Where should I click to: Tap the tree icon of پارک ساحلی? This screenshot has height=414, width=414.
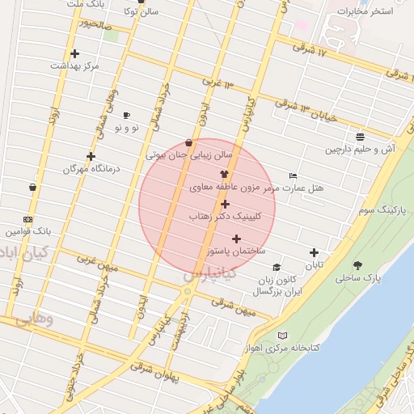point(357,264)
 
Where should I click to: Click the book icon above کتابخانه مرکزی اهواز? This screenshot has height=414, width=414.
point(281,335)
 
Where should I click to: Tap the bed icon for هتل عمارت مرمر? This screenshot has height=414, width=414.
point(293,175)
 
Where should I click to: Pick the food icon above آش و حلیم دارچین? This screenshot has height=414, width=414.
point(359,137)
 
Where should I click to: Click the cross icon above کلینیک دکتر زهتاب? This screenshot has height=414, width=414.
point(225,204)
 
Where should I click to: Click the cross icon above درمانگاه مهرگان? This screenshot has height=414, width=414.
point(91,156)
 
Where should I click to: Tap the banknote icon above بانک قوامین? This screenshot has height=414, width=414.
point(28,219)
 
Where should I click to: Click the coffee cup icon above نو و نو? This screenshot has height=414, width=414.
point(126,115)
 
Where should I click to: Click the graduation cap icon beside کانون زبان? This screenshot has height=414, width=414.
point(277,267)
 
